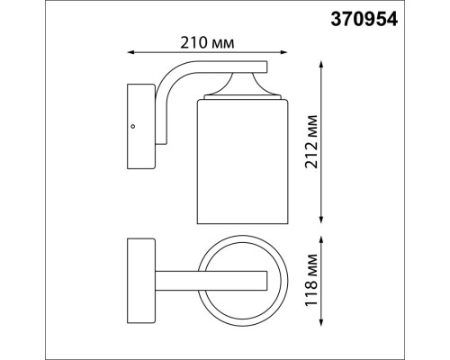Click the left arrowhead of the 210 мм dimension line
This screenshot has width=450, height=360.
(x=131, y=52)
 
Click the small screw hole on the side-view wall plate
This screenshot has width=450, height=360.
(x=133, y=127)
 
